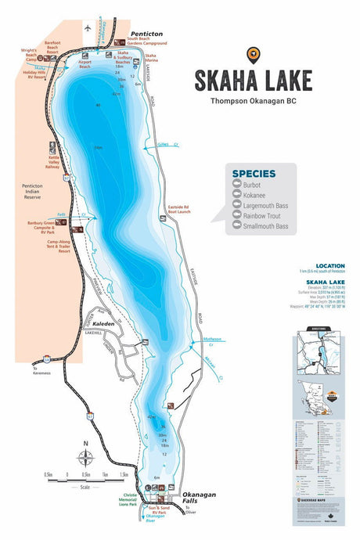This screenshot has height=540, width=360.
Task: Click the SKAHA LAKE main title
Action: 254,81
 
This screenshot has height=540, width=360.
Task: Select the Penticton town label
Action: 147,34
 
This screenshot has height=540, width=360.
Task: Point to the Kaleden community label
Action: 104,323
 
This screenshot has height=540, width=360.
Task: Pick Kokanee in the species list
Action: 254,196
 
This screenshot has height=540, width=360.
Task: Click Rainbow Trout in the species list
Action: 261,216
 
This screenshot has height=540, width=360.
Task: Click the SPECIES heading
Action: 254,174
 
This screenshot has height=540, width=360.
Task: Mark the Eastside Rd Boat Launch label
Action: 181,210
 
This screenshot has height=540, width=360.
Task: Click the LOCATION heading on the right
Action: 329,265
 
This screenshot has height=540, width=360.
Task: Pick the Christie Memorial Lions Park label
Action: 130,500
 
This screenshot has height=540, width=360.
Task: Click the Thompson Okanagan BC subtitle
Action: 254,100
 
